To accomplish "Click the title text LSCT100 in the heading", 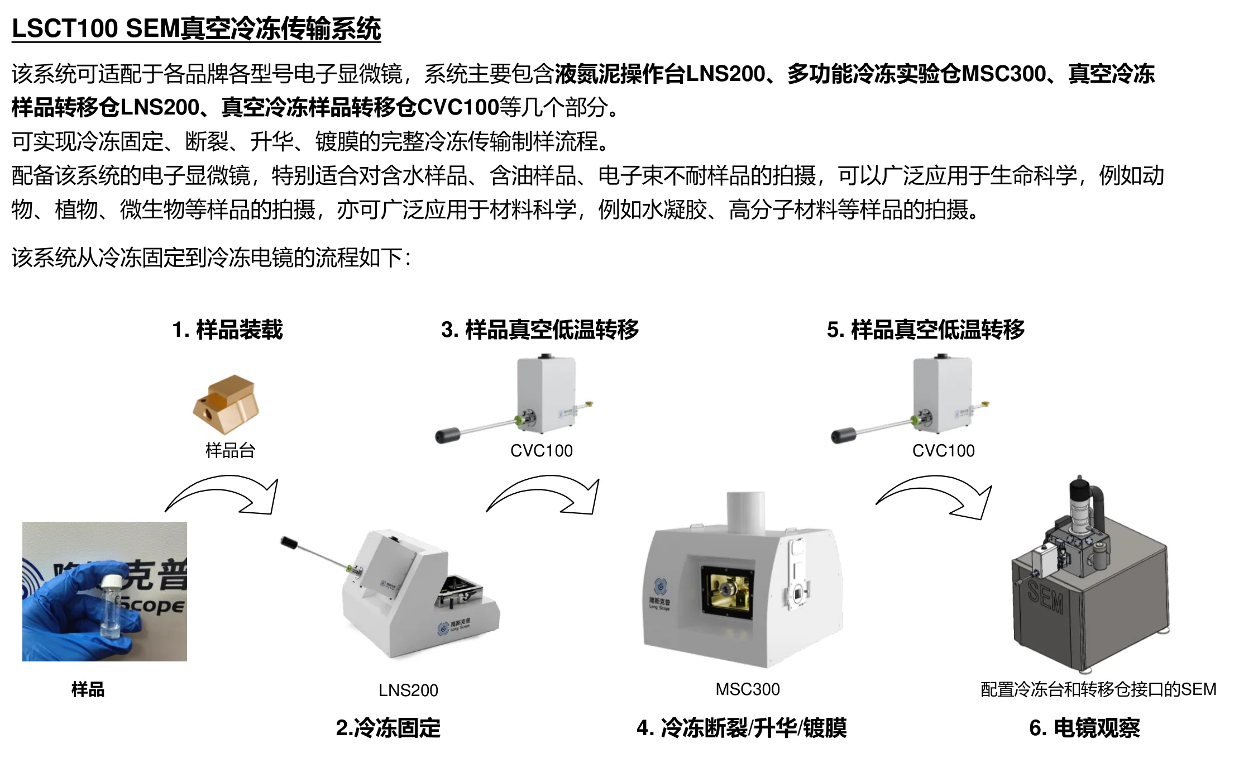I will (x=65, y=28).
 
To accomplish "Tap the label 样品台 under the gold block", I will (x=230, y=450).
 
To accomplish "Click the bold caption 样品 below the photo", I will (x=88, y=689).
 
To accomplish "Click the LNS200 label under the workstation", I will (x=408, y=690).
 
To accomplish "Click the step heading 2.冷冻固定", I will (x=388, y=728).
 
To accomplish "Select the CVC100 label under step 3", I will (x=541, y=451).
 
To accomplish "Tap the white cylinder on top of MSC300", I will (x=745, y=511).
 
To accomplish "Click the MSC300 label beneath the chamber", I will (x=748, y=689).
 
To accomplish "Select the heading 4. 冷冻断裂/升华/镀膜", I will (x=742, y=728).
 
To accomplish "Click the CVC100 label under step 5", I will (x=943, y=451).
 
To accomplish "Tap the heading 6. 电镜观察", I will (x=1084, y=728).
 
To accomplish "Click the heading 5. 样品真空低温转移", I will (x=926, y=330).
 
